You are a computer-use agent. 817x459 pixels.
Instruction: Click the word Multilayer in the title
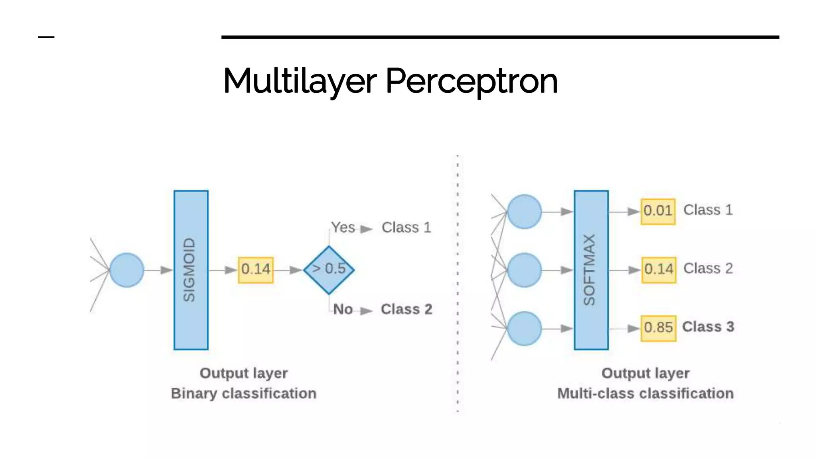click(x=300, y=81)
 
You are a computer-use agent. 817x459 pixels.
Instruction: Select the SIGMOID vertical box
click(x=191, y=270)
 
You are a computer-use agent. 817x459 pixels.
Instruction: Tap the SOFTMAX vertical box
click(x=591, y=270)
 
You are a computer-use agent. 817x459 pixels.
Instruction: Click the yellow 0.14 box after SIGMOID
click(x=256, y=270)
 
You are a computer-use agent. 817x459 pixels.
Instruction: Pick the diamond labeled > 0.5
click(x=329, y=270)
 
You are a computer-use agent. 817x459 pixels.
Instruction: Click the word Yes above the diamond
click(x=343, y=228)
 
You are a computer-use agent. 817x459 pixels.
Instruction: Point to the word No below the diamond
click(x=343, y=309)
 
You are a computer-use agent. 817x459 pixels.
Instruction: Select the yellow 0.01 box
click(x=658, y=211)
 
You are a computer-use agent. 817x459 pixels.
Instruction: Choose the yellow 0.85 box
click(x=658, y=328)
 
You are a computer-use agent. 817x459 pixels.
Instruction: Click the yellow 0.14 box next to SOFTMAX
click(x=659, y=270)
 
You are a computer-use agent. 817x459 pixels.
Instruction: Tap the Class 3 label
click(x=708, y=327)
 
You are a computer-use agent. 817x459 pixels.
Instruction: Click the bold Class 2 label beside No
click(x=406, y=309)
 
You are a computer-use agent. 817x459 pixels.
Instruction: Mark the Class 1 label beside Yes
click(x=406, y=228)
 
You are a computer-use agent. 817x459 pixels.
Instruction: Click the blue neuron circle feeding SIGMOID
click(x=126, y=270)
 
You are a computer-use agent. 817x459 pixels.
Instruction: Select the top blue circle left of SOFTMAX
click(x=524, y=212)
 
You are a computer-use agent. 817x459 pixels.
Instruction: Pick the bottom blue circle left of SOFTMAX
click(x=524, y=328)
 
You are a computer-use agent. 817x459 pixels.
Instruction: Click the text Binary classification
click(x=244, y=393)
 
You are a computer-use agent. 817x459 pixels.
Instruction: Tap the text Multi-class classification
click(x=645, y=393)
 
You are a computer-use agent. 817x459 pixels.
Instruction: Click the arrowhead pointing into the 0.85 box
click(x=633, y=328)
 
